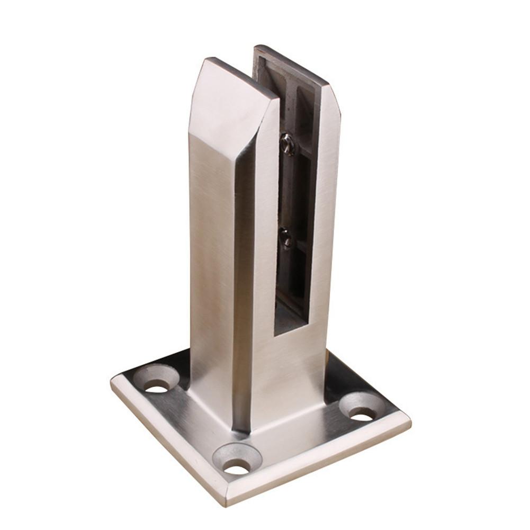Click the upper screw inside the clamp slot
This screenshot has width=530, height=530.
pyautogui.click(x=288, y=143)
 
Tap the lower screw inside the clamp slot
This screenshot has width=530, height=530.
pyautogui.click(x=286, y=238)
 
